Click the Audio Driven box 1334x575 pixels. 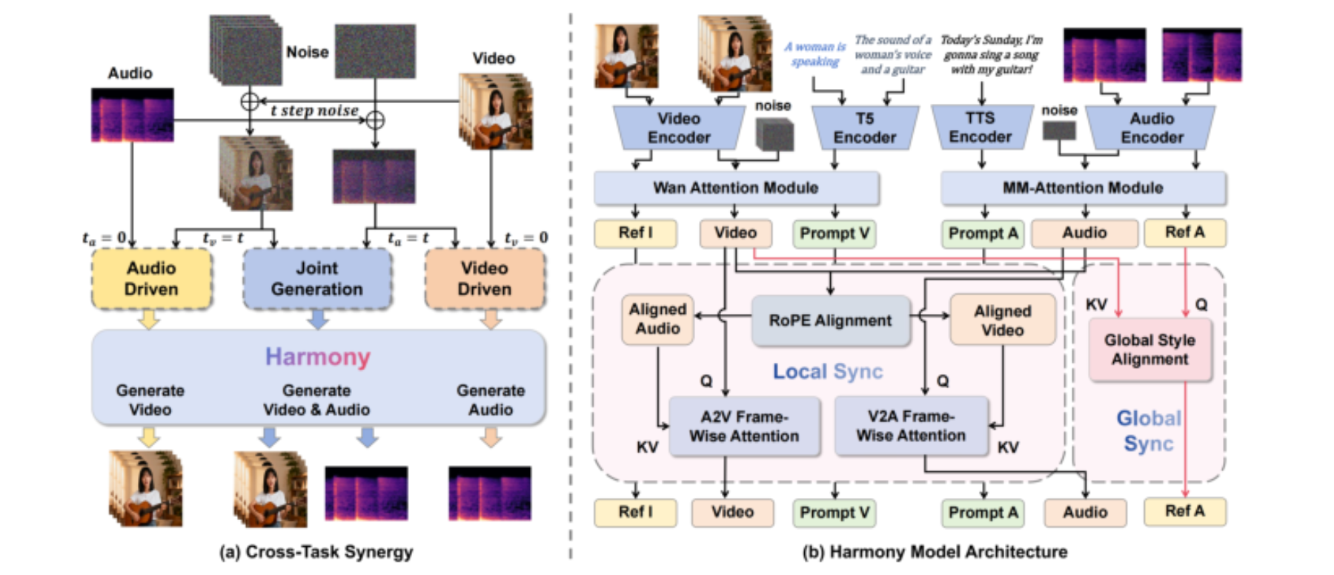click(151, 279)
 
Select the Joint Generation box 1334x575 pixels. click(317, 279)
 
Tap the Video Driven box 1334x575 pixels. click(485, 279)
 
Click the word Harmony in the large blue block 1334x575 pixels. click(318, 357)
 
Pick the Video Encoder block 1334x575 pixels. click(679, 128)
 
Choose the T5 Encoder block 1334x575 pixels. click(865, 128)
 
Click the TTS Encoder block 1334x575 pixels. click(980, 127)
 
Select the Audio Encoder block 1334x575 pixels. click(1151, 128)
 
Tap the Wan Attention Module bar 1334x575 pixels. click(736, 188)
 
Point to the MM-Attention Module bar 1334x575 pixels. click(1083, 188)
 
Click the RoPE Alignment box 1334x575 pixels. click(831, 321)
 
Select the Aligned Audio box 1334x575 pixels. click(657, 319)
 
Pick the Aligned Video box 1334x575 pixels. click(1003, 321)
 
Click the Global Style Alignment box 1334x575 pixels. click(1149, 349)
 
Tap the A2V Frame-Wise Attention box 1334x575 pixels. click(744, 426)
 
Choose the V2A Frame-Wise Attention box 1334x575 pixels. click(912, 426)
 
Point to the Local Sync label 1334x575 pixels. click(828, 371)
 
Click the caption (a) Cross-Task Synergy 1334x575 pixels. click(316, 551)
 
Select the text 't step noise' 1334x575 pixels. click(314, 111)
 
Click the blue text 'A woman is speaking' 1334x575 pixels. click(815, 54)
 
